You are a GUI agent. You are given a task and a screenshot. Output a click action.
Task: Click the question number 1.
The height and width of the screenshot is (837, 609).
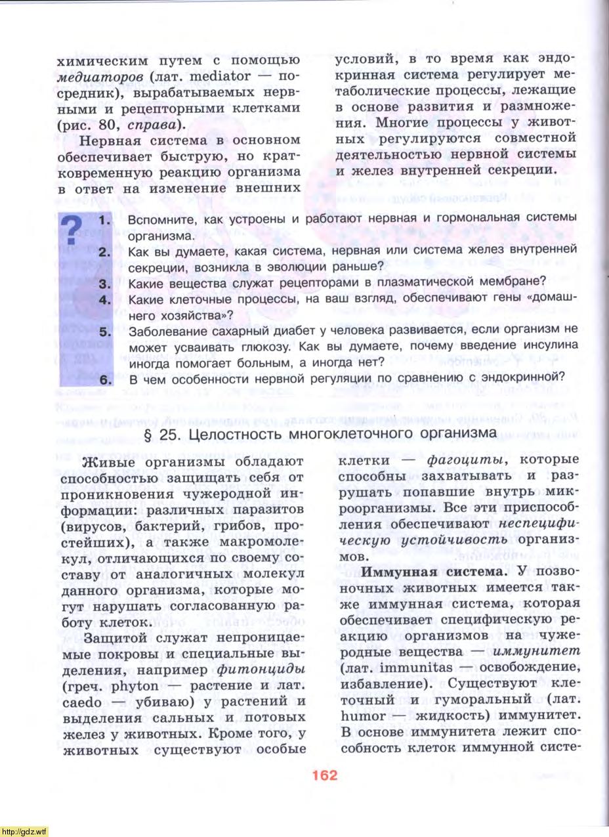106,221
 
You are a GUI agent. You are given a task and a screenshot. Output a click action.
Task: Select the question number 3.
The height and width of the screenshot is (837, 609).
106,284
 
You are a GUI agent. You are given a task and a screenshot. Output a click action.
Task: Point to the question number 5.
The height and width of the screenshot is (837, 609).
106,331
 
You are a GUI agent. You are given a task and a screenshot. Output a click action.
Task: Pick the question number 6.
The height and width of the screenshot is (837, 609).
106,379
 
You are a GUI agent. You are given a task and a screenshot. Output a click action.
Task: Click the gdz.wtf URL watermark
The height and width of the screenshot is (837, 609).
24,831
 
